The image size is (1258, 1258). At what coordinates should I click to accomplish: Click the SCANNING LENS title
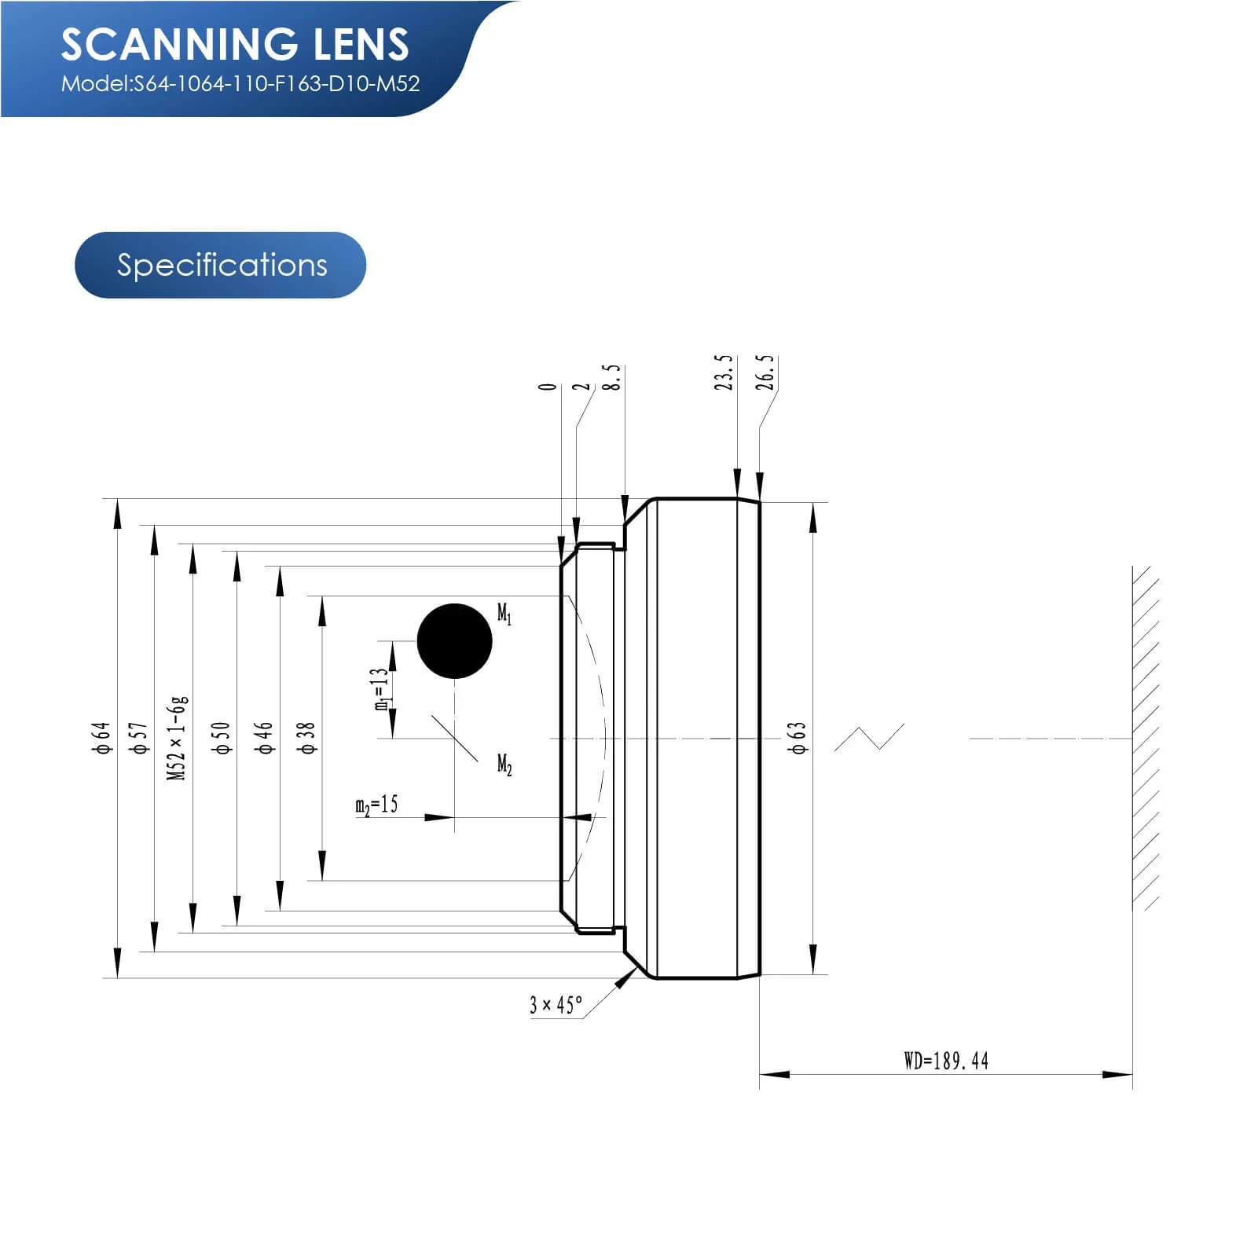pyautogui.click(x=235, y=44)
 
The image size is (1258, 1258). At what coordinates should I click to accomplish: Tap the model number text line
pyautogui.click(x=240, y=84)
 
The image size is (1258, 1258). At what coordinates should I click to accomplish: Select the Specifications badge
pyautogui.click(x=221, y=265)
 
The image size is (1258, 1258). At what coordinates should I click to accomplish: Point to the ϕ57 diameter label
pyautogui.click(x=140, y=739)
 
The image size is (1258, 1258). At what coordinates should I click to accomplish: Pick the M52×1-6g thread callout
pyautogui.click(x=178, y=738)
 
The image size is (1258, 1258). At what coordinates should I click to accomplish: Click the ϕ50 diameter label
pyautogui.click(x=222, y=739)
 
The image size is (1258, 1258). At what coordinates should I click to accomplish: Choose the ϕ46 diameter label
pyautogui.click(x=265, y=739)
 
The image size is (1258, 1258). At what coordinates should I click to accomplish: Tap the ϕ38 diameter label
pyautogui.click(x=306, y=739)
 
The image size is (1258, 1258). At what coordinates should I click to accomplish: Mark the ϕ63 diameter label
pyautogui.click(x=798, y=739)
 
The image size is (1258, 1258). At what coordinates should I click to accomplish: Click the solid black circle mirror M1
pyautogui.click(x=454, y=641)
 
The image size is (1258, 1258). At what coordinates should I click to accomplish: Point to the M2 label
pyautogui.click(x=504, y=765)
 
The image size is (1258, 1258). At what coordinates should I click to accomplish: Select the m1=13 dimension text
pyautogui.click(x=381, y=690)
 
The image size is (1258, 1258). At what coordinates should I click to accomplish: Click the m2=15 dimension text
pyautogui.click(x=377, y=805)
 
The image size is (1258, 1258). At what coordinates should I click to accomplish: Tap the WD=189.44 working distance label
pyautogui.click(x=946, y=1061)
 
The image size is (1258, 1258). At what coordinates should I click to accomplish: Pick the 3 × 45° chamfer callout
pyautogui.click(x=556, y=1005)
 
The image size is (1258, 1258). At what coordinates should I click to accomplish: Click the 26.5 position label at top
pyautogui.click(x=766, y=372)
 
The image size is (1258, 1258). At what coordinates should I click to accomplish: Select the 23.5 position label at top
pyautogui.click(x=724, y=372)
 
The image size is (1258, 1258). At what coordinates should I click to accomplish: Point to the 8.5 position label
pyautogui.click(x=612, y=377)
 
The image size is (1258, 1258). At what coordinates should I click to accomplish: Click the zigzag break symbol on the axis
pyautogui.click(x=869, y=738)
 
